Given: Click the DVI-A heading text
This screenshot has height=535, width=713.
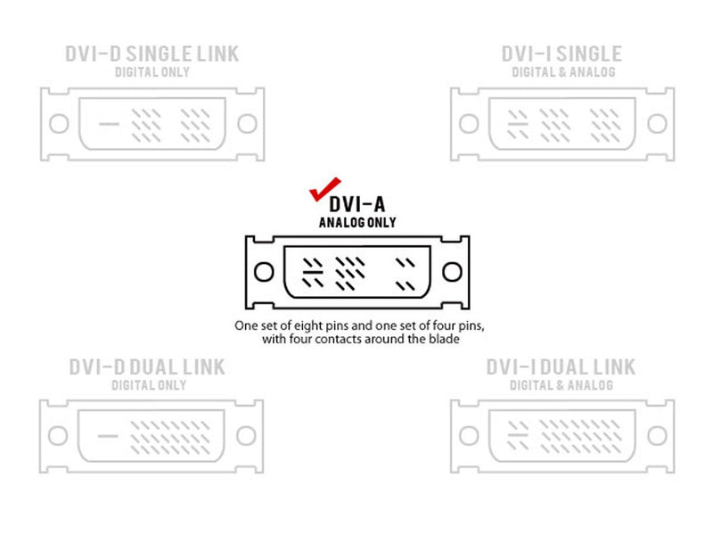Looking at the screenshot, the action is [357, 204].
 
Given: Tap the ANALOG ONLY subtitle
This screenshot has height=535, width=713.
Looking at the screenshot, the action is [357, 222].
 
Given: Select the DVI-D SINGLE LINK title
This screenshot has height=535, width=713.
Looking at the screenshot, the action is [152, 53].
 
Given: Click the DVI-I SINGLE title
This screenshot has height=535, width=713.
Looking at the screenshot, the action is [561, 53].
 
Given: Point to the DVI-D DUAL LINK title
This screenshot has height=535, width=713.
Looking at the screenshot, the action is [147, 367].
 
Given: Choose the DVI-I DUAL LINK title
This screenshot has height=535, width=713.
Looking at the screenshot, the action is [561, 367].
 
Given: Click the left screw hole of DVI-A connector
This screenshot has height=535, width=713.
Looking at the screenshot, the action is [264, 272].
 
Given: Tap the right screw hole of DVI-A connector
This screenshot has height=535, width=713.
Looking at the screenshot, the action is [452, 272].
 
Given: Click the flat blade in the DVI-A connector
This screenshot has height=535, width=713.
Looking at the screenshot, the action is [313, 272].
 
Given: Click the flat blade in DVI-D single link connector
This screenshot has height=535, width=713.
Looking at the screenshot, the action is [109, 124].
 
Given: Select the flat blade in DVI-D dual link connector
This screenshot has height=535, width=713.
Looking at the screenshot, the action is [108, 436].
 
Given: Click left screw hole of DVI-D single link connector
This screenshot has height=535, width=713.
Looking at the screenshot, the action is [59, 124].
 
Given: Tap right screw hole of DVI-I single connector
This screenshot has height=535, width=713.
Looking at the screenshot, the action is [657, 124].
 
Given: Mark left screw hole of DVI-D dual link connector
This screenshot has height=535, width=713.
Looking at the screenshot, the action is [58, 436].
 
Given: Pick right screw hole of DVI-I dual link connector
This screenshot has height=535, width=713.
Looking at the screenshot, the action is [657, 436].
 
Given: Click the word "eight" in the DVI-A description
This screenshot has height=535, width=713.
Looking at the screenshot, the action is [307, 326].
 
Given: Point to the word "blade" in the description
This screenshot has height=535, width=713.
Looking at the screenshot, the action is [444, 339].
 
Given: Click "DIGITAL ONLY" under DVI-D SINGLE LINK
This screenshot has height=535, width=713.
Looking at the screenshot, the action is [152, 72].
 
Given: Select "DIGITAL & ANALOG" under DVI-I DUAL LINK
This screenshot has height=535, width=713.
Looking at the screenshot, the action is [561, 385].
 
